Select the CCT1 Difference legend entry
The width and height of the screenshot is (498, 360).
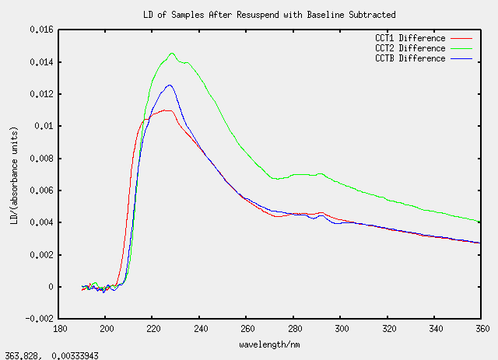coord(410,38)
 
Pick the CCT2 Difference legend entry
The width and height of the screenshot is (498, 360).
coord(410,48)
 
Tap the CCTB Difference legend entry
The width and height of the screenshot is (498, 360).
coord(410,58)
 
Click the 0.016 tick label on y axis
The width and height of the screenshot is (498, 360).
coord(40,30)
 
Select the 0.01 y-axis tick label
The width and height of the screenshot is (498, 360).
coord(45,126)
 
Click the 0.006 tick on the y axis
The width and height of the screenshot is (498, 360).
coord(40,190)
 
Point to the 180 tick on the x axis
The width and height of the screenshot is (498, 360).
coord(60,329)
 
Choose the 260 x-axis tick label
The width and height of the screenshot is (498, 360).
coord(247,329)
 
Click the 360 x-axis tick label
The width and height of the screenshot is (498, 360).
coord(480,329)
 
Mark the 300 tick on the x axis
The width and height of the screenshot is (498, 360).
coord(340,329)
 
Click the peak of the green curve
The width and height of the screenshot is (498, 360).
coord(172,53)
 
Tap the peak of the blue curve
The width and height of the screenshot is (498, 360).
coord(169,85)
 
